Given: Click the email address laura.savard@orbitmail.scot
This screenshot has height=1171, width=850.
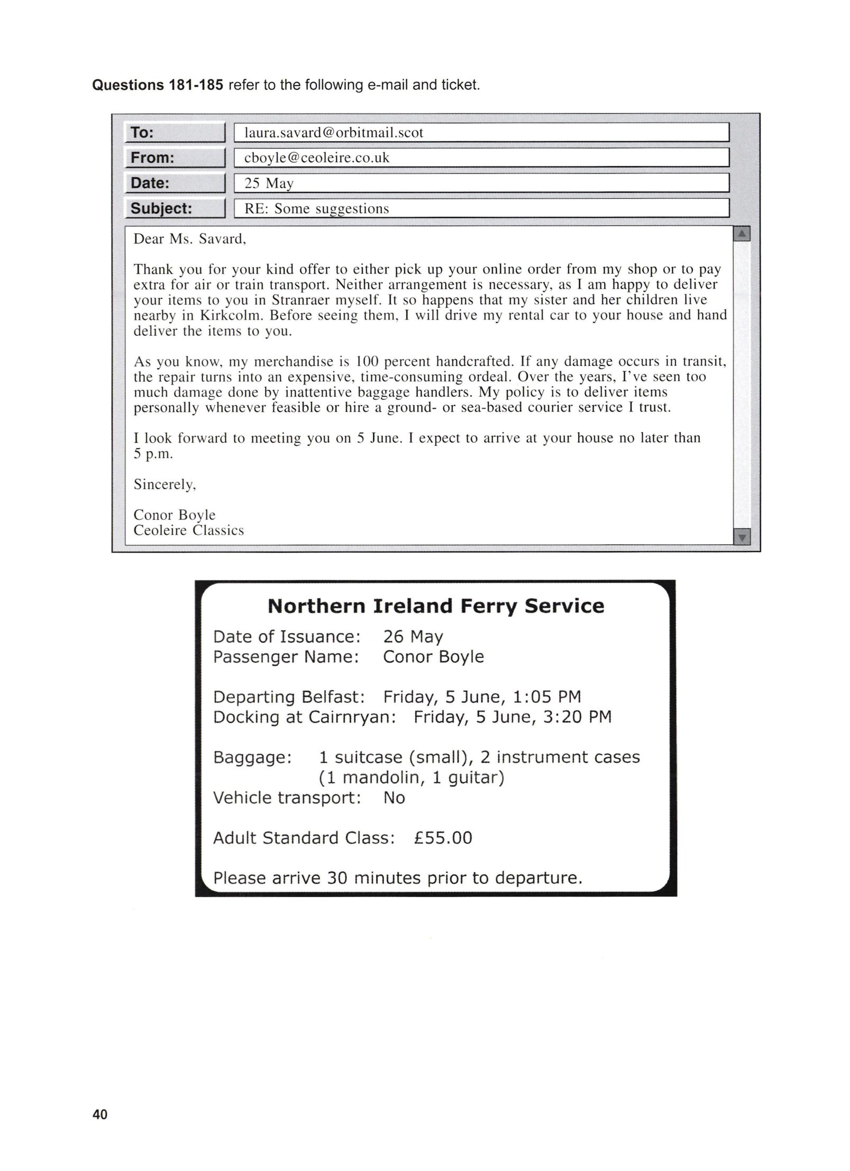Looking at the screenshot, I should coord(333,132).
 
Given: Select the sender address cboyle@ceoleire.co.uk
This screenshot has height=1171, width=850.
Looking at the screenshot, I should coord(316,158).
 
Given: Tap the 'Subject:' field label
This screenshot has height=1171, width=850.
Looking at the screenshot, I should coord(161,208).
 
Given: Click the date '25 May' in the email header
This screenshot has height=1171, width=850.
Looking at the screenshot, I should coord(269,183).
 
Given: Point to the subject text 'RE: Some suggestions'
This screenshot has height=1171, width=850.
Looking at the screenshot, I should coord(316,208).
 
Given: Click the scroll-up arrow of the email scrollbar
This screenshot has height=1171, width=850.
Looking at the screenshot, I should coord(742,233).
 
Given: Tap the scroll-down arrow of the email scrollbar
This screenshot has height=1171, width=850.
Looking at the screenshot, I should coord(742,537).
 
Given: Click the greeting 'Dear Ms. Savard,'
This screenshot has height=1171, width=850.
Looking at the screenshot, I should coord(190,239).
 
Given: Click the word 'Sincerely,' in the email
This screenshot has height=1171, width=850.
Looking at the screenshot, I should coord(164,484).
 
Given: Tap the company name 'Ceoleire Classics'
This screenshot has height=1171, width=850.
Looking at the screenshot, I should coord(188,530).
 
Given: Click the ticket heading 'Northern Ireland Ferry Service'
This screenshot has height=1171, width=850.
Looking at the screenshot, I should coord(436,606).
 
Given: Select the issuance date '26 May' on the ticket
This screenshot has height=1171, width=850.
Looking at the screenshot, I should coord(413,636).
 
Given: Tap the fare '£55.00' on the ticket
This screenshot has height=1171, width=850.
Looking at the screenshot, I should coord(443,838).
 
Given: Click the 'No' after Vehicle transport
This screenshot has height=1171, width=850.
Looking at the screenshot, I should coord(394,798).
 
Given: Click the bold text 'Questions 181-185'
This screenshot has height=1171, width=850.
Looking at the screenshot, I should coord(158,85).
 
